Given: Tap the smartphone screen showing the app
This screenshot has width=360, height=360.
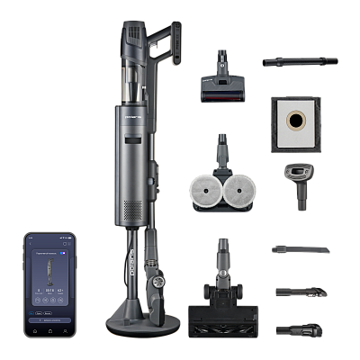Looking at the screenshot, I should [49, 278].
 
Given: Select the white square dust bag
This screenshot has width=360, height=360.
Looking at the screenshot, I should [295, 121].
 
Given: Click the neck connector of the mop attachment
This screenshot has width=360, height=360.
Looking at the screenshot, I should [220, 148].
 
